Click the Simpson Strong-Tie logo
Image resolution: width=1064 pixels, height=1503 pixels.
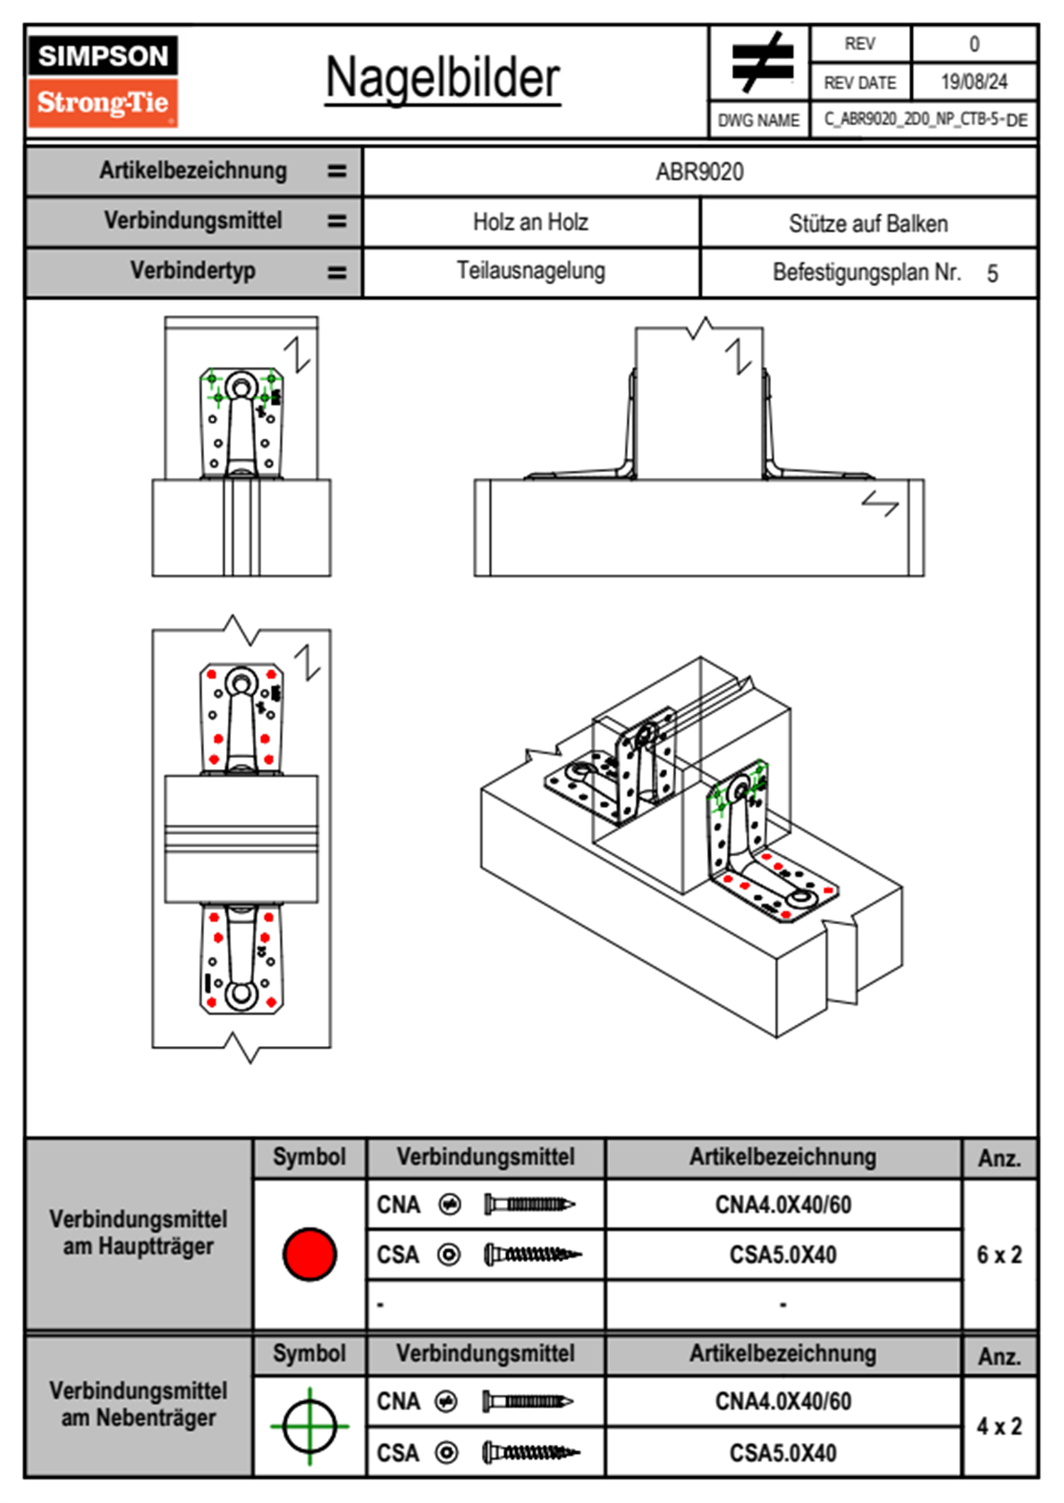click(103, 80)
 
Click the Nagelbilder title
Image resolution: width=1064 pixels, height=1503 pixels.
click(443, 79)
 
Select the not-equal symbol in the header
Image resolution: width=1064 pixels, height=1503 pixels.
click(761, 63)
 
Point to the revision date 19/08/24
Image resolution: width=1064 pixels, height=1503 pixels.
click(974, 82)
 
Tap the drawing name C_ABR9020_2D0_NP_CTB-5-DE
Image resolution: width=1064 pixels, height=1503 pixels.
click(925, 119)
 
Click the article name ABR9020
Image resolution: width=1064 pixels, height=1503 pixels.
click(699, 172)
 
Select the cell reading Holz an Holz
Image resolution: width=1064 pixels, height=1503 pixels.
click(530, 223)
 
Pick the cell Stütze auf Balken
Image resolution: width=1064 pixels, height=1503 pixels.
click(868, 223)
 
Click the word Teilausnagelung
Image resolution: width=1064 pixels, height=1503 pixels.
click(530, 271)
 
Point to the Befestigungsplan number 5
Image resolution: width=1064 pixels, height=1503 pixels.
click(992, 273)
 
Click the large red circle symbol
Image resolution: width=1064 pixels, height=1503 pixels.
click(309, 1254)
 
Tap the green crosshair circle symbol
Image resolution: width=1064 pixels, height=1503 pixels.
click(309, 1426)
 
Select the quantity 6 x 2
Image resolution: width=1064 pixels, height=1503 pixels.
click(999, 1255)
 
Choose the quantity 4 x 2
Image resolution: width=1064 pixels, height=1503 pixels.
click(999, 1426)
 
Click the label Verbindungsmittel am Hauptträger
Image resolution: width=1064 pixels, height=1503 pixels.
click(139, 1232)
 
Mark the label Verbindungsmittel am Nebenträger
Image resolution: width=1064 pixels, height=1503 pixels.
click(139, 1404)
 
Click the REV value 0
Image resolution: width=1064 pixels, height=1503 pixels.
click(974, 44)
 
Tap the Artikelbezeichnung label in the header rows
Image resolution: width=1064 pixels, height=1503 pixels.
click(193, 171)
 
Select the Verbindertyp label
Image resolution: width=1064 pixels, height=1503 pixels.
click(192, 271)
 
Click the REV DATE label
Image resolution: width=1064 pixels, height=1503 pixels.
click(859, 82)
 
